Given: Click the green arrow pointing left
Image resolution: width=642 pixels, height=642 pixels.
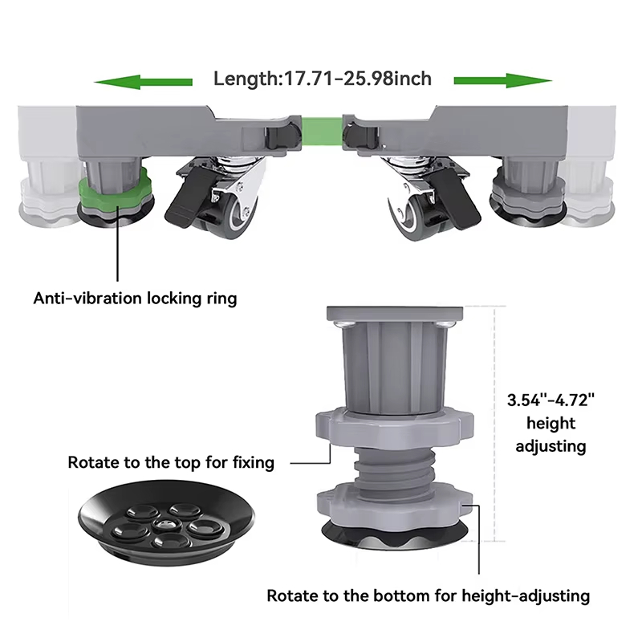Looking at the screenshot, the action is click(x=144, y=82).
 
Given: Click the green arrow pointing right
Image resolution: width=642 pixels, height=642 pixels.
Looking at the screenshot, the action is click(x=503, y=81).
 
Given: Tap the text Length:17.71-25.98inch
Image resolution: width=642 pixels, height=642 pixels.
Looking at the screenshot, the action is click(x=323, y=79).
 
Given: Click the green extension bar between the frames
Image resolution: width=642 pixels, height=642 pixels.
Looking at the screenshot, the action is click(x=322, y=132).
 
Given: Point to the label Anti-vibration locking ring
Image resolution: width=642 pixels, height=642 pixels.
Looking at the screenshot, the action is click(x=135, y=298).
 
